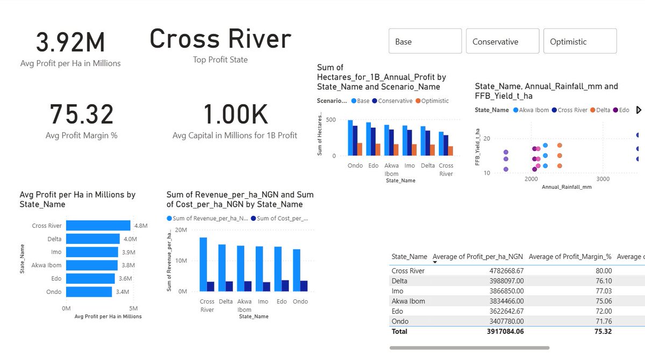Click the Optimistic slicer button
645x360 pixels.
click(x=580, y=41)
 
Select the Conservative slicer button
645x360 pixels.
click(x=502, y=41)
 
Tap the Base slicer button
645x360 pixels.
click(x=425, y=41)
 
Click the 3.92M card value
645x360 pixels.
click(x=70, y=43)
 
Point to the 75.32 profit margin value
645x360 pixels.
click(x=82, y=114)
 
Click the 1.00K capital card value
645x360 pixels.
click(x=235, y=114)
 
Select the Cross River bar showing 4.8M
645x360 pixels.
click(x=98, y=226)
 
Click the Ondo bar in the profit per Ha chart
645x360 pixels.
click(x=89, y=292)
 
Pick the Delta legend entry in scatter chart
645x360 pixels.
click(x=599, y=110)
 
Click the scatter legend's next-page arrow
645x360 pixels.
click(x=639, y=110)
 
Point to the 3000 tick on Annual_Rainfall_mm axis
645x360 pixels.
click(x=603, y=179)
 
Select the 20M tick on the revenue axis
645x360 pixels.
click(x=181, y=229)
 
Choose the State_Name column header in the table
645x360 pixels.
click(x=409, y=257)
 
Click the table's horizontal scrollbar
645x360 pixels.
click(x=469, y=348)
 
